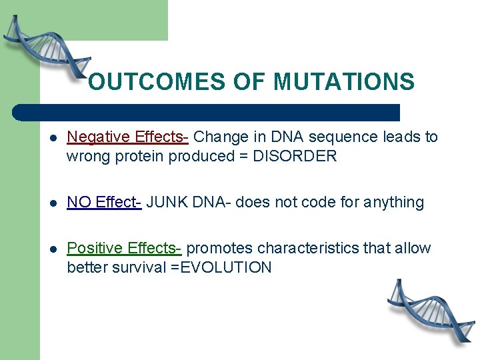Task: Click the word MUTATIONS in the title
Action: coord(344,82)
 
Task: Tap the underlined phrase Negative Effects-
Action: coord(128,137)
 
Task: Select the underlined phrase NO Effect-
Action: coord(104,202)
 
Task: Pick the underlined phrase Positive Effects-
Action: coord(124,249)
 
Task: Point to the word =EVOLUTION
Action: coord(226,268)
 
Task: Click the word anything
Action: coord(393,202)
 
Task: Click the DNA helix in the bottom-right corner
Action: coord(430,310)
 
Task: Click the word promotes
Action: coord(219,249)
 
